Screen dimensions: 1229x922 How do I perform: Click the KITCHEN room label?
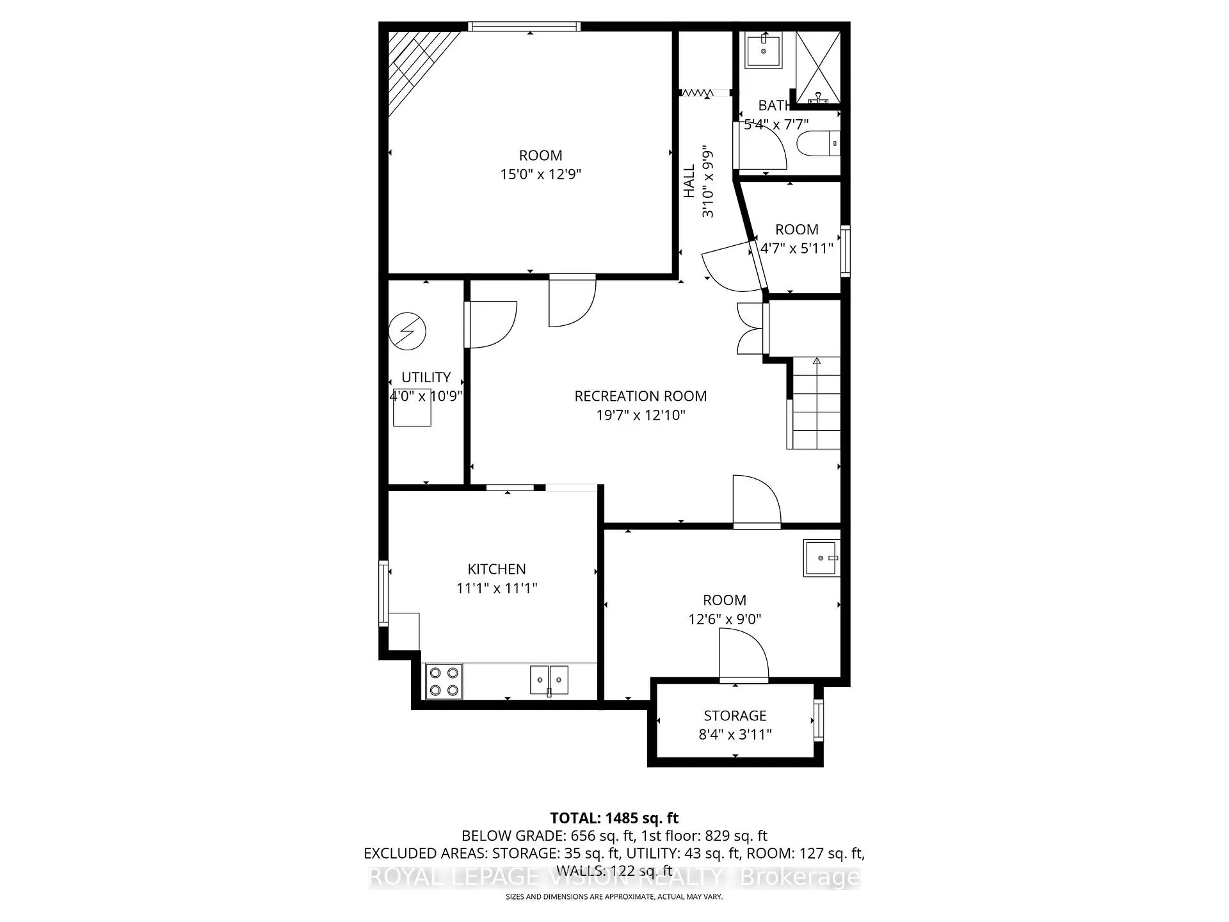[x=497, y=569]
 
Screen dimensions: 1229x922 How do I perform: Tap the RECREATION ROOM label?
[x=641, y=396]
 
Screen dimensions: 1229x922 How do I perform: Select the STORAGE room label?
[x=735, y=716]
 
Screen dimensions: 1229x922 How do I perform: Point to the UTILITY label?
[x=426, y=377]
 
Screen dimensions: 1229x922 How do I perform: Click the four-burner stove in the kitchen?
[x=444, y=681]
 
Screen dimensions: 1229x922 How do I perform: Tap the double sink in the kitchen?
[x=549, y=680]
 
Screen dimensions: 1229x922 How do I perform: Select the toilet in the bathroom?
[x=819, y=143]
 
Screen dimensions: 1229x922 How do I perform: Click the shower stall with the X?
[x=817, y=67]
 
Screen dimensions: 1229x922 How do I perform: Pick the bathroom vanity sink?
[x=763, y=49]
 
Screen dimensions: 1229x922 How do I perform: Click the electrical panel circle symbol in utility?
[x=407, y=331]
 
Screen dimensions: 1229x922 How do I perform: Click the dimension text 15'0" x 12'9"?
[x=541, y=174]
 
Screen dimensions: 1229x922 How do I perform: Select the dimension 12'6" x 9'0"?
[x=725, y=619]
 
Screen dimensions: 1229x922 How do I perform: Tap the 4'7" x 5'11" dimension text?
[x=797, y=248]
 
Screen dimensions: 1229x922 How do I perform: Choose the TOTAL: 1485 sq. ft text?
[x=614, y=818]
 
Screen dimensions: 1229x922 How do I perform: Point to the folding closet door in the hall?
[x=696, y=93]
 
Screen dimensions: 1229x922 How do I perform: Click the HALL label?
[x=689, y=181]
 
